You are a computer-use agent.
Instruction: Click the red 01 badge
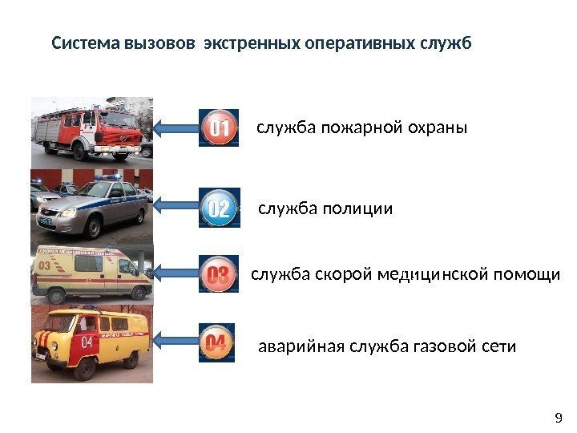[x=218, y=128]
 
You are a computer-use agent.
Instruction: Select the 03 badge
[x=218, y=276]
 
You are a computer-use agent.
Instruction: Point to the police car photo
[x=91, y=204]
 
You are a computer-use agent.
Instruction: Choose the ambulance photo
[x=91, y=273]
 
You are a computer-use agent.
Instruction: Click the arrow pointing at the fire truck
[x=176, y=128]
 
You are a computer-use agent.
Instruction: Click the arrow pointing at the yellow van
[x=176, y=342]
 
